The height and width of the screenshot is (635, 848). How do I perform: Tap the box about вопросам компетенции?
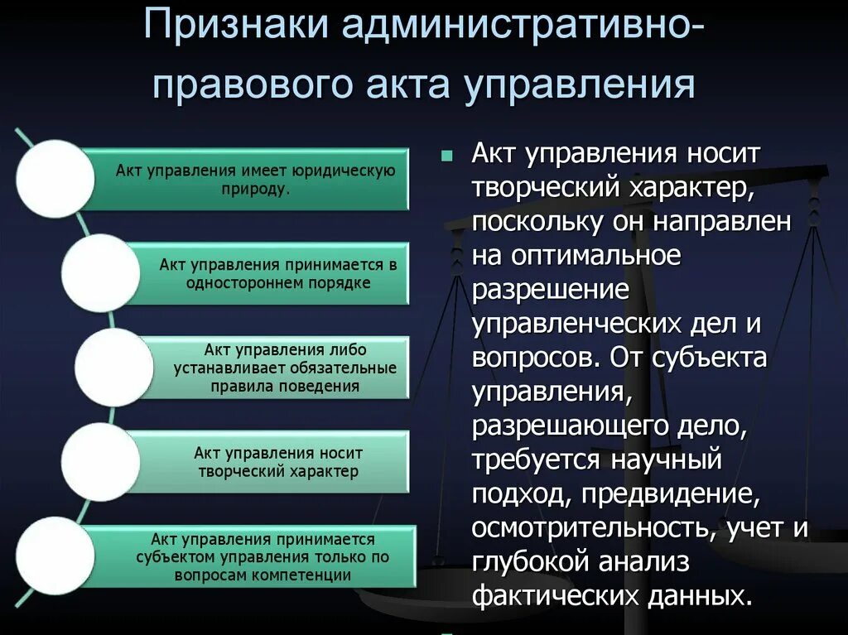[x=257, y=556]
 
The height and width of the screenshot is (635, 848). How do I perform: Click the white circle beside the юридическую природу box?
[x=55, y=179]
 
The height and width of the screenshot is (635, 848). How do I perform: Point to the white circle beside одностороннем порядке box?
[x=100, y=273]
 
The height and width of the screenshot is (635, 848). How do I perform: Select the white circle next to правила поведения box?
[x=113, y=367]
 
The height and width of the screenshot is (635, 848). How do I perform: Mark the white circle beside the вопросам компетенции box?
[x=55, y=556]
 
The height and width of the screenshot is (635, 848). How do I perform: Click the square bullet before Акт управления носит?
[x=448, y=155]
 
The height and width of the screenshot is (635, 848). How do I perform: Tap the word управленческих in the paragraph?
[x=578, y=324]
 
